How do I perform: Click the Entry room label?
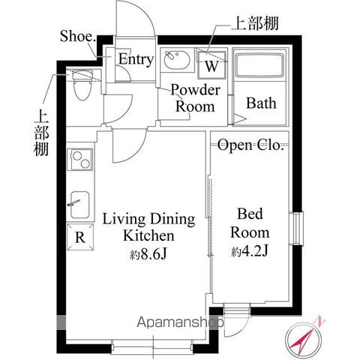pos(136,59)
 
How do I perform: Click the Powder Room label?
pos(195,98)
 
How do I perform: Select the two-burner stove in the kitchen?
pos(79,160)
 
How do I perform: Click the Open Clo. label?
pos(250,145)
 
